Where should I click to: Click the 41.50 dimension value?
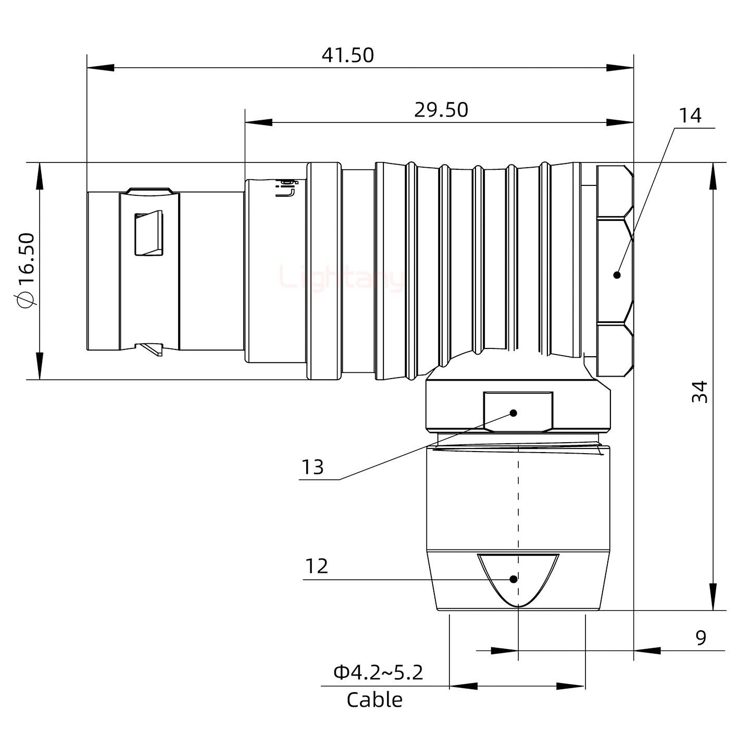tap(347, 55)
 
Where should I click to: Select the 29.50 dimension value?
tap(441, 110)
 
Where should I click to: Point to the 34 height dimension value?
tap(700, 392)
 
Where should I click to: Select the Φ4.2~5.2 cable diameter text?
tap(378, 672)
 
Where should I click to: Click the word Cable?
tap(374, 700)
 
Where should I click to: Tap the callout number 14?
tap(690, 116)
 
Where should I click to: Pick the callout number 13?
tap(312, 467)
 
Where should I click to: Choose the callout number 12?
tap(316, 566)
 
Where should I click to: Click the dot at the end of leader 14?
tap(617, 275)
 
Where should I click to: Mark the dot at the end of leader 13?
tap(514, 413)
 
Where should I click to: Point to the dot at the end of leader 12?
tap(514, 579)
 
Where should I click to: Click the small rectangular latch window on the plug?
tap(149, 234)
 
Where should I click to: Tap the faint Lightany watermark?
tap(341, 277)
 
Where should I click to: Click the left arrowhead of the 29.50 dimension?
tap(258, 122)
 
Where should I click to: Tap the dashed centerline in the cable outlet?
tap(519, 500)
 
